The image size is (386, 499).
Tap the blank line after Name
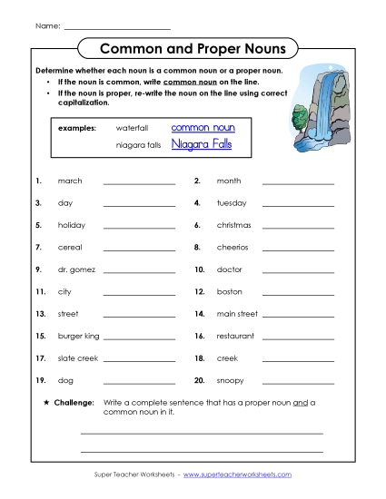(x=117, y=27)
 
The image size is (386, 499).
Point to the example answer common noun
(x=203, y=128)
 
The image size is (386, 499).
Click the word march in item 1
(x=70, y=181)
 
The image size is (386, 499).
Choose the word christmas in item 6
(x=233, y=225)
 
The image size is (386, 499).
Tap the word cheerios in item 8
(x=232, y=247)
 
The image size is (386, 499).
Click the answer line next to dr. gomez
(x=139, y=270)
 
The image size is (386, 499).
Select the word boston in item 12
(x=229, y=291)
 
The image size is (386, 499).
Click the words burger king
(x=78, y=336)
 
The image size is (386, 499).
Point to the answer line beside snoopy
(x=298, y=382)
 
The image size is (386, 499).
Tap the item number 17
(x=40, y=357)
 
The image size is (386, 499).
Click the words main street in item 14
(x=237, y=314)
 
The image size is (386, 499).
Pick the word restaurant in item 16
(x=235, y=336)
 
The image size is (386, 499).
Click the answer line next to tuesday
(x=298, y=205)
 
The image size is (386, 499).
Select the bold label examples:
(x=76, y=128)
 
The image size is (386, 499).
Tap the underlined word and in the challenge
(x=299, y=401)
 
